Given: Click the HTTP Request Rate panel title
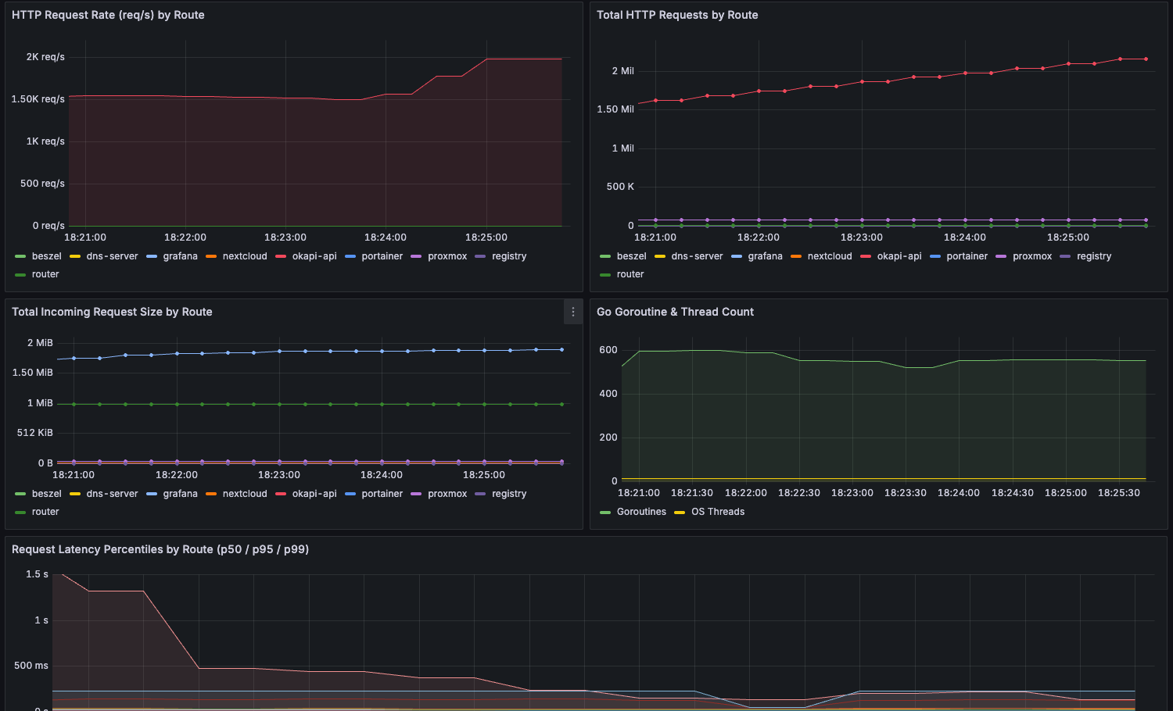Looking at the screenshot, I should pyautogui.click(x=108, y=15).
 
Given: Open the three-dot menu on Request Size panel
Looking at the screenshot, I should pyautogui.click(x=573, y=312).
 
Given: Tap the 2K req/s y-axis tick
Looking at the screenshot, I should pyautogui.click(x=45, y=57).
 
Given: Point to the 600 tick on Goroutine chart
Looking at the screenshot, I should pyautogui.click(x=608, y=350).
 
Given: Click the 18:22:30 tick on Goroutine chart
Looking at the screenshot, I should pyautogui.click(x=799, y=493).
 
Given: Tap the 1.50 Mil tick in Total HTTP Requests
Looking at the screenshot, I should pyautogui.click(x=615, y=109).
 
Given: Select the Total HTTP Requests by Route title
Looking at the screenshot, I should pyautogui.click(x=677, y=15).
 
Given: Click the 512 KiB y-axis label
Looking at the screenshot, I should pyautogui.click(x=35, y=433).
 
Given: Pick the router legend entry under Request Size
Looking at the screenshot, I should pyautogui.click(x=45, y=512).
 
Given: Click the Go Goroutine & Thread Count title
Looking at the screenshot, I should pyautogui.click(x=675, y=312).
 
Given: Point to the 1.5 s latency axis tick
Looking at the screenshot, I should pyautogui.click(x=37, y=574).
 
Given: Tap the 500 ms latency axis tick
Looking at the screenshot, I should pyautogui.click(x=31, y=666).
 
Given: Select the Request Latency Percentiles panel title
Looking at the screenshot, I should pyautogui.click(x=160, y=549).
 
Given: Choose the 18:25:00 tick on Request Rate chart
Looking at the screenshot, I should pyautogui.click(x=486, y=238).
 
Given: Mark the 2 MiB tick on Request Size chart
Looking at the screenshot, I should pyautogui.click(x=40, y=343).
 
